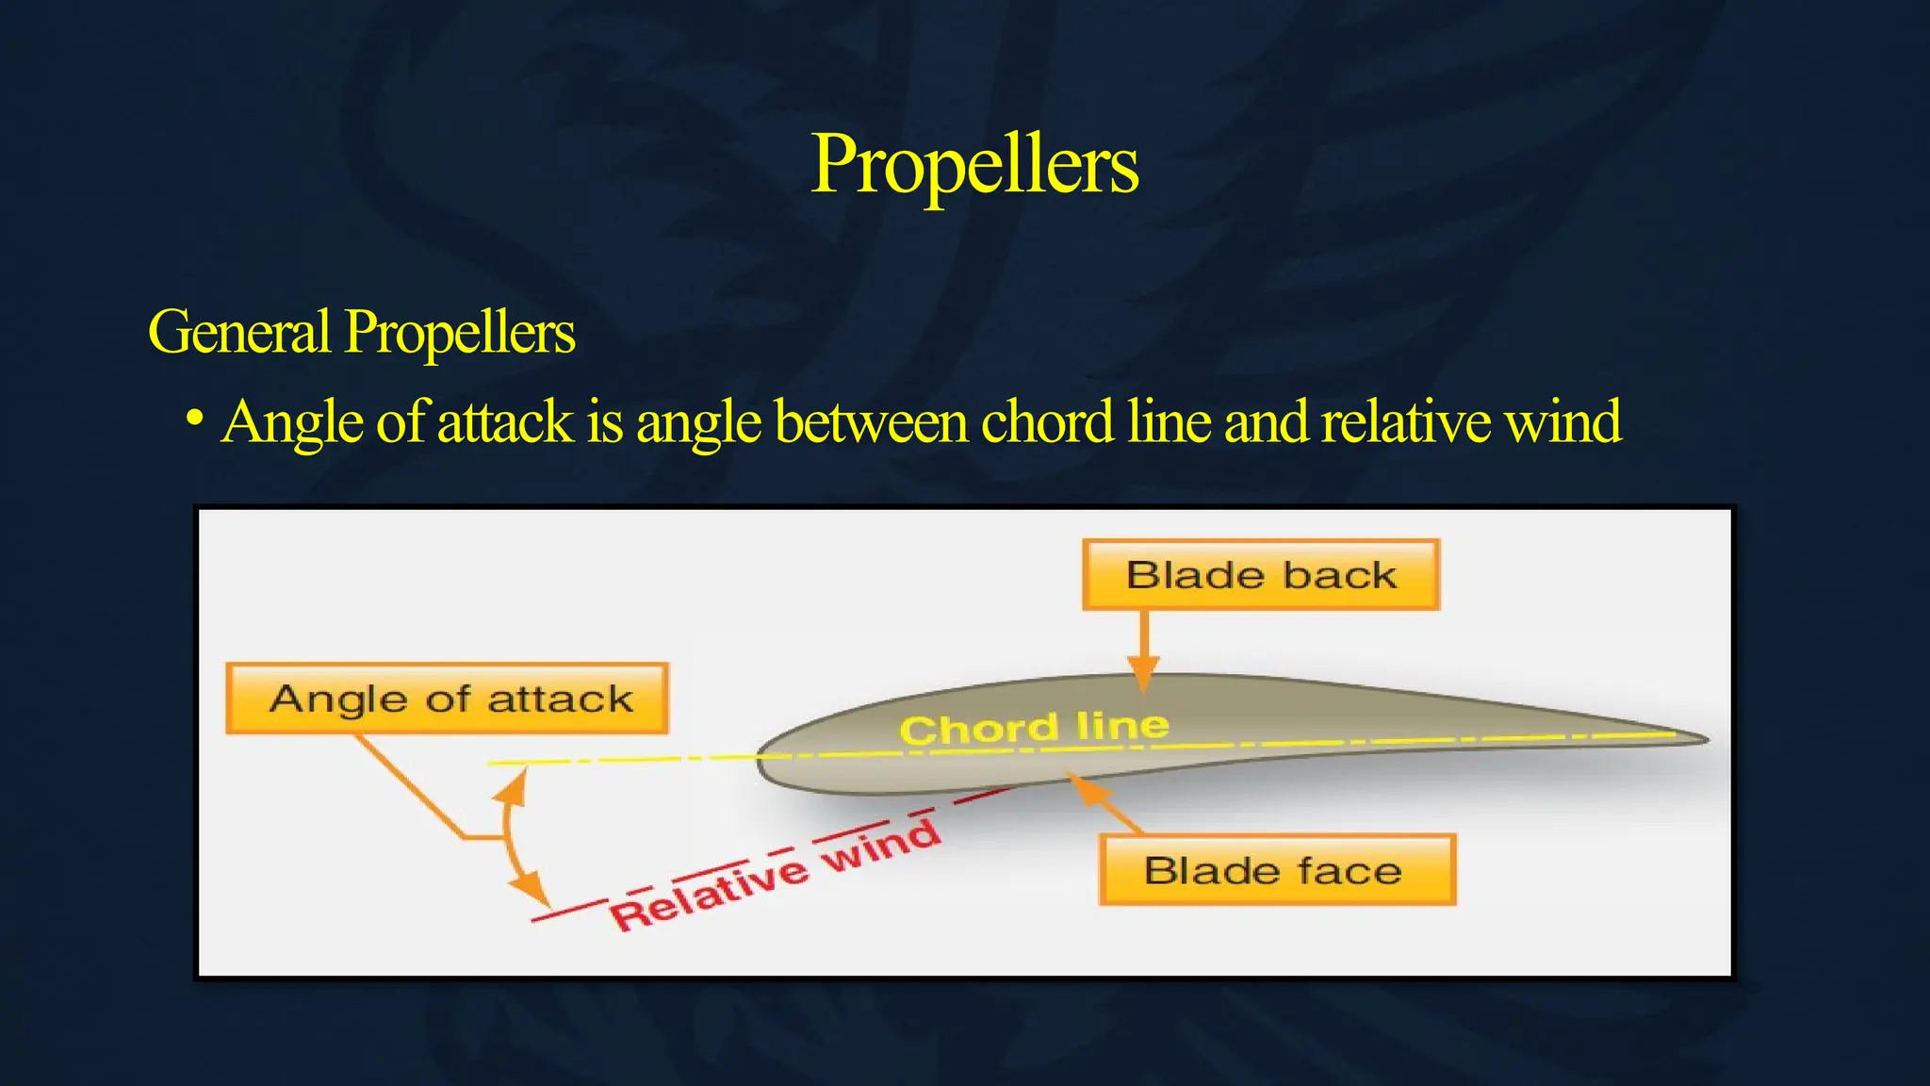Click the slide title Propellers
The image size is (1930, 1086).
pos(974,165)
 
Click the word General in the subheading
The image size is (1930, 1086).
pos(239,332)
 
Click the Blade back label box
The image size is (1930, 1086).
pos(1261,575)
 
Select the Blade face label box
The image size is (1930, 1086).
pos(1277,870)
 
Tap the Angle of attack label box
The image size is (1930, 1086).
pos(447,699)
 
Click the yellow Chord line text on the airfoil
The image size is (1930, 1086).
pos(1034,728)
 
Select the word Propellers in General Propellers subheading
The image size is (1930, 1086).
pos(459,332)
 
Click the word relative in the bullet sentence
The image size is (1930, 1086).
pos(1404,421)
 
